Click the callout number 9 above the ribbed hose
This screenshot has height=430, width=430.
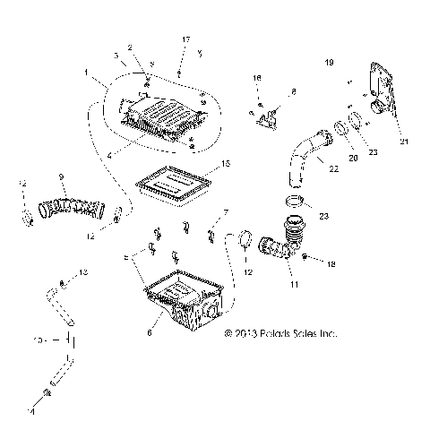pyautogui.click(x=60, y=176)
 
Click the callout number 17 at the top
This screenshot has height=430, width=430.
pyautogui.click(x=186, y=40)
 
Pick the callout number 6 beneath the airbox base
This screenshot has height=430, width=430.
pyautogui.click(x=161, y=332)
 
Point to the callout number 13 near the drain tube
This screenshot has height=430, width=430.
pyautogui.click(x=84, y=271)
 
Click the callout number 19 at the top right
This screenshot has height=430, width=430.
pyautogui.click(x=329, y=63)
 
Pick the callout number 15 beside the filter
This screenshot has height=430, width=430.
pyautogui.click(x=226, y=164)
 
